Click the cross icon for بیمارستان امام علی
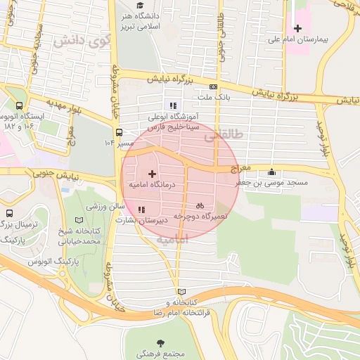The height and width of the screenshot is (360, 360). (298, 28)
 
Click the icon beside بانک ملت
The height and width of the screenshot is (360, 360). (213, 86)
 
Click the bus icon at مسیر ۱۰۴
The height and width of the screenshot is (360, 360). (119, 132)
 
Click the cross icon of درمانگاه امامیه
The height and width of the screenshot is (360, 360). (152, 173)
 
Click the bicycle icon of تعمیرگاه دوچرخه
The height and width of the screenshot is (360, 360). (200, 206)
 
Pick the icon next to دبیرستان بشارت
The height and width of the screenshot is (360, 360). (142, 209)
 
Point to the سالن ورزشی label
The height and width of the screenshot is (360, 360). (105, 207)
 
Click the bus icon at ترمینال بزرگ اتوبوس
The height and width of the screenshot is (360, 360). (9, 213)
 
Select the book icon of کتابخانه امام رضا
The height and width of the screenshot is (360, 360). (182, 291)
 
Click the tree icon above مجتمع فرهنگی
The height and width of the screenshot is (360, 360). (162, 343)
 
